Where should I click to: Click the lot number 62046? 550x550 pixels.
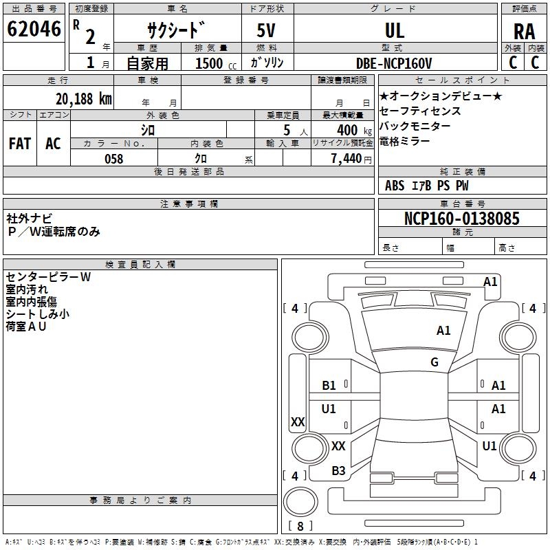coord(34,29)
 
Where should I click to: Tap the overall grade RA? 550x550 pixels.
coord(524,32)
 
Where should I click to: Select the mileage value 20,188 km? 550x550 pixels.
coord(83,99)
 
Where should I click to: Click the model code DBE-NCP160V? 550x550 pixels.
coord(394,63)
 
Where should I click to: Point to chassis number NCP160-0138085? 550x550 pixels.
coord(461,218)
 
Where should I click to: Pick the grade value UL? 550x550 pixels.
coord(395,31)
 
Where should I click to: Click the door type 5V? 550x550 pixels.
coord(266,30)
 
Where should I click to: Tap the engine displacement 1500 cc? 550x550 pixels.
coord(216,63)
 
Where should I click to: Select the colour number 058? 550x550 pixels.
coord(114,159)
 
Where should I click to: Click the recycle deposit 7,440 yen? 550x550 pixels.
coord(351,159)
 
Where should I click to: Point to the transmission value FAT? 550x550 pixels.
coord(20,144)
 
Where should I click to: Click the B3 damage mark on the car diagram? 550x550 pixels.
coord(338,471)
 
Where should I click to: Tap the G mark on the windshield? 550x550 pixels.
coord(434,362)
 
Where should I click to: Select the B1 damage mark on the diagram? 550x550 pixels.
coord(329,386)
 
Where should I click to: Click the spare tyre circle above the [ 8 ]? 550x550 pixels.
coord(300,502)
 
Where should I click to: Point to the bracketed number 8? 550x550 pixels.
coord(300,526)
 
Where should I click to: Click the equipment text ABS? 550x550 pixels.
coord(395,186)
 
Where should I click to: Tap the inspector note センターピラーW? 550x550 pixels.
coord(48,277)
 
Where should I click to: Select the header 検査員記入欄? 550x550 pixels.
coord(140,265)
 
